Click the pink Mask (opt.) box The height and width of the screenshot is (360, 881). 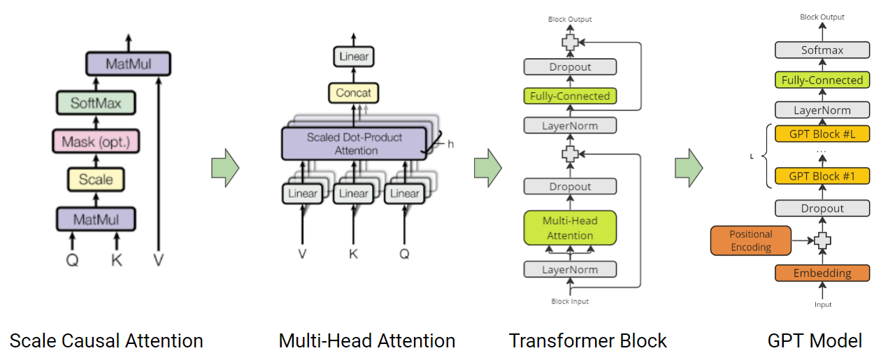96,142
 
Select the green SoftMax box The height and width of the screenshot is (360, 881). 96,103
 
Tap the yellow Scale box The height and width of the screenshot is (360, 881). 96,180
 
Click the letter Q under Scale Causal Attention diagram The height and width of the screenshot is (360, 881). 72,261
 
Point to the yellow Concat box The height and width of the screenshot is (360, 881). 354,93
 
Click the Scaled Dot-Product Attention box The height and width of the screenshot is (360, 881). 354,143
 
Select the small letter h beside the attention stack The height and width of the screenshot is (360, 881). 450,144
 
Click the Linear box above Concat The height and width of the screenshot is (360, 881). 354,57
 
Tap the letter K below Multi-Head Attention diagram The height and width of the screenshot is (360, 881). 353,254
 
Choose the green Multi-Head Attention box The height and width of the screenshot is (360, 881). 570,228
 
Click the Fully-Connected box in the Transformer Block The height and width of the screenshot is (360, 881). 570,96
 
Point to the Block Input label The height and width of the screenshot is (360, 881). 570,301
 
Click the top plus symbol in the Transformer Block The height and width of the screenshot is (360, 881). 571,42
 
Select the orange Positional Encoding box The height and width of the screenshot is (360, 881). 751,240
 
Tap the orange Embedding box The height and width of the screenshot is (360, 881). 822,273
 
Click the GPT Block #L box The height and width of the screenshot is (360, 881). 822,134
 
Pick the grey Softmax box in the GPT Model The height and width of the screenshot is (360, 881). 822,50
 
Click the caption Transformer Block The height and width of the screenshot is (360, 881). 587,341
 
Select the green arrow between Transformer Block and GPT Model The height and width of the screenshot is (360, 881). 689,168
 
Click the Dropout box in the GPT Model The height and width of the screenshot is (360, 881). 822,208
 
